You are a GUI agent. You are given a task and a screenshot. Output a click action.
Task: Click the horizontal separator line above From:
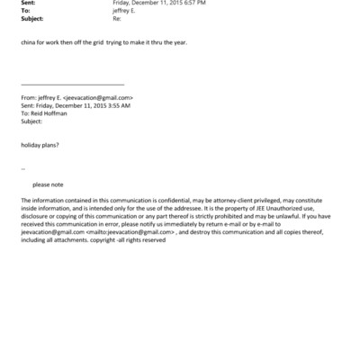71,84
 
